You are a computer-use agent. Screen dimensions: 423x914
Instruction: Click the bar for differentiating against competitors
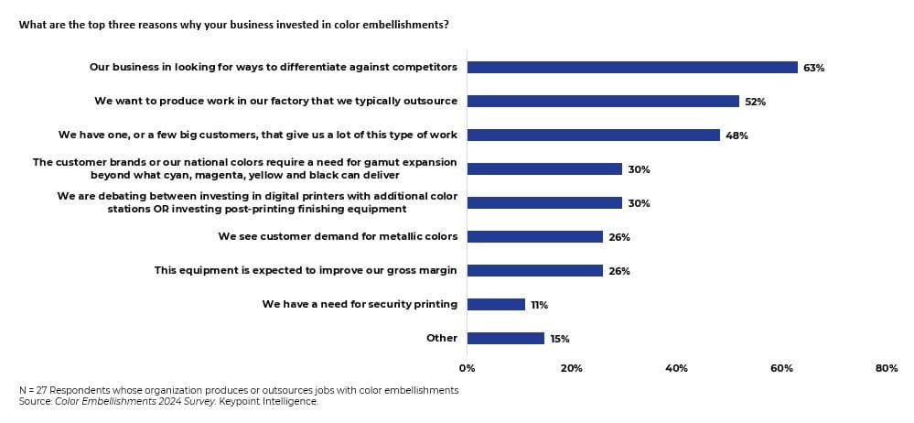point(631,67)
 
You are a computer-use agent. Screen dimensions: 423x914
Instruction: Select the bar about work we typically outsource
point(603,101)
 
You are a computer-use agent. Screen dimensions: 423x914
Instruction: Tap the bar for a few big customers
point(593,135)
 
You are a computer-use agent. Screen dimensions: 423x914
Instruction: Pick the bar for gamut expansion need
point(544,168)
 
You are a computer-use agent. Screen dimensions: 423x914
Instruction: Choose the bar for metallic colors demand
point(534,236)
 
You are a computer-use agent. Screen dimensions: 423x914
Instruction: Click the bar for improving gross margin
point(534,270)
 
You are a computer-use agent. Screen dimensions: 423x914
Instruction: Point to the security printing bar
point(496,304)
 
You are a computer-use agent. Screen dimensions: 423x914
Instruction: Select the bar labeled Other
point(506,338)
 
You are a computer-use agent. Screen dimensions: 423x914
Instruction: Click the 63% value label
point(813,68)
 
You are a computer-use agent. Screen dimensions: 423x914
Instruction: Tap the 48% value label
point(737,136)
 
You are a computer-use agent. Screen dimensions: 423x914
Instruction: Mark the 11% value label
point(539,305)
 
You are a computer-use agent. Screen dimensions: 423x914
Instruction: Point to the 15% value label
point(560,339)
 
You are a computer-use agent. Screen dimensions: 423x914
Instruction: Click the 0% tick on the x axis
point(467,368)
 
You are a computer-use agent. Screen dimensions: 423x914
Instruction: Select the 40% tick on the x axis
point(676,368)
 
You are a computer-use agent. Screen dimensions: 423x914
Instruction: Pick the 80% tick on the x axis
point(886,368)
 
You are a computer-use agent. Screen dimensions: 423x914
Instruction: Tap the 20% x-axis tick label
point(572,368)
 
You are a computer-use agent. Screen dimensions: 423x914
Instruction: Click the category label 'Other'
point(441,338)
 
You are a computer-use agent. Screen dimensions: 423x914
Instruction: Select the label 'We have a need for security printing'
point(360,304)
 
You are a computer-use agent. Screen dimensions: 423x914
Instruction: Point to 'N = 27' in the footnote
point(34,390)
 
